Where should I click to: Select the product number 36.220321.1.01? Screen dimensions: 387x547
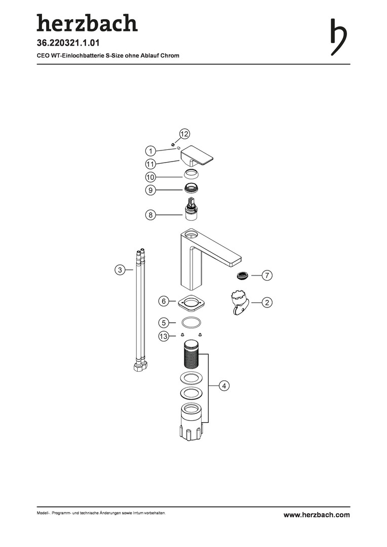(x=68, y=43)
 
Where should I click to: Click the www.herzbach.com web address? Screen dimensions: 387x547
(x=317, y=515)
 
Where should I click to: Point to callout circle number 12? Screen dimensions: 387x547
(x=184, y=134)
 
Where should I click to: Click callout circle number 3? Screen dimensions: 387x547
(x=120, y=269)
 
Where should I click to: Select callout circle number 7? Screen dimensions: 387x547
(x=267, y=275)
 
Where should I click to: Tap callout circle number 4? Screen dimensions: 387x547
(x=224, y=385)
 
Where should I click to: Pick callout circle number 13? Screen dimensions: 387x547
(x=164, y=336)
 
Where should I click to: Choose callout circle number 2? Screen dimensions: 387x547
(x=267, y=302)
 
